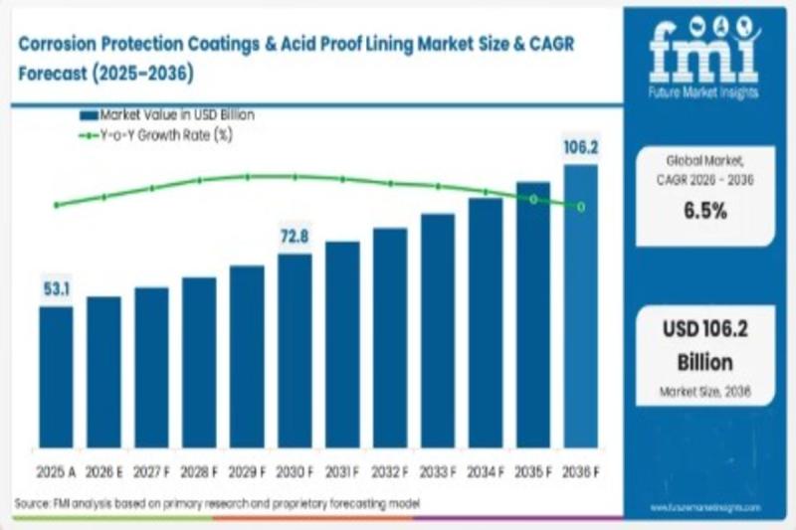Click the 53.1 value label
(56, 289)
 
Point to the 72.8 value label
(295, 237)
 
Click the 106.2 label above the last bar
(580, 148)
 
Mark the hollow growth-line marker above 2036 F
(581, 206)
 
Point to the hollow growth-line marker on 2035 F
(533, 199)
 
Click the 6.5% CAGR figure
(704, 211)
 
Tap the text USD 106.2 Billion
(704, 345)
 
